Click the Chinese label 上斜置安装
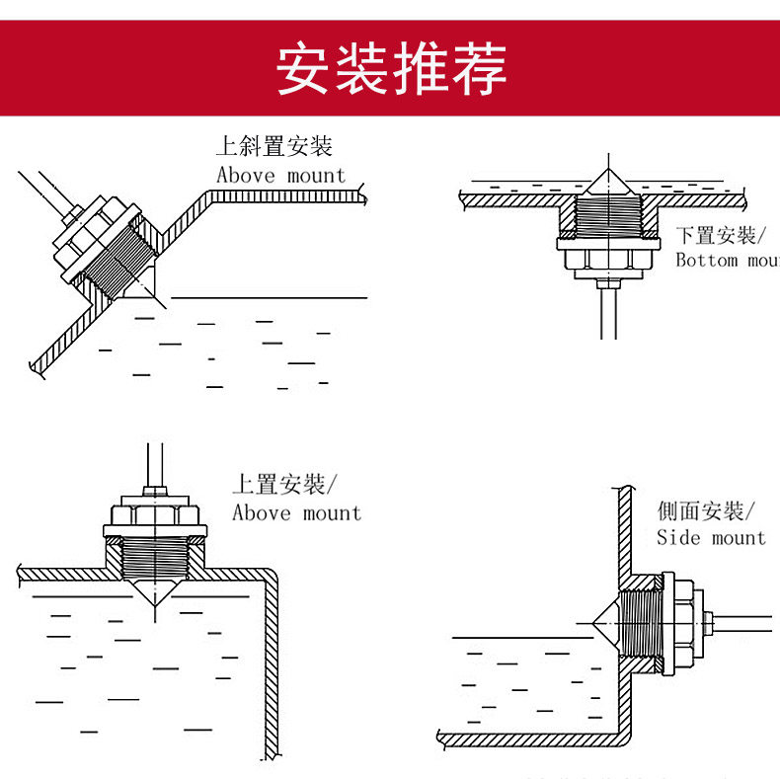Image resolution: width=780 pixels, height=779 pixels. click(x=274, y=148)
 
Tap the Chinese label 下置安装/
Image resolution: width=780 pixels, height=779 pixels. click(x=716, y=236)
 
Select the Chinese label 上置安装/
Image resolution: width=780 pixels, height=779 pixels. click(x=284, y=485)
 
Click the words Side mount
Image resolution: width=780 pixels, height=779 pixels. click(x=711, y=538)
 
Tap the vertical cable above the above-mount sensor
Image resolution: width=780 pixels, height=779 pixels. click(x=153, y=464)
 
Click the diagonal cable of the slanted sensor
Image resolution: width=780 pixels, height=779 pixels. click(x=44, y=193)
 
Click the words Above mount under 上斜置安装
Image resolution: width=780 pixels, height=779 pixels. click(x=281, y=176)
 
